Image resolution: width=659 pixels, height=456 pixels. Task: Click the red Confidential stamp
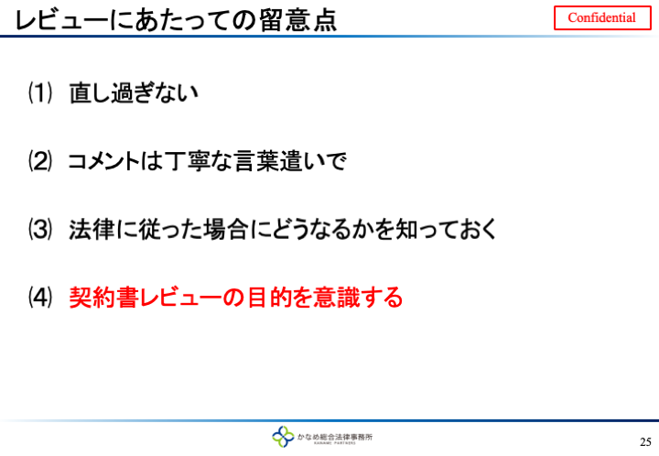coord(602,17)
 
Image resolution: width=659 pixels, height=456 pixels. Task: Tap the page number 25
coord(645,442)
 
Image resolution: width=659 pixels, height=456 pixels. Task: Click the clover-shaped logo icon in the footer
coord(283,437)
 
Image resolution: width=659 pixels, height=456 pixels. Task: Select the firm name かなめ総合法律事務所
coord(335,437)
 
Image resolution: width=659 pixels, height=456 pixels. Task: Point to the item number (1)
coord(40,92)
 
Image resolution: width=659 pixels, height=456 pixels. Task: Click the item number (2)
coord(40,161)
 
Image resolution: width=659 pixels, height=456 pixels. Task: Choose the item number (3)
coord(40,230)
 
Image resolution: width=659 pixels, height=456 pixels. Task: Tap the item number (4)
coord(40,298)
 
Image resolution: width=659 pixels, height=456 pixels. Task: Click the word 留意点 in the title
coord(298,20)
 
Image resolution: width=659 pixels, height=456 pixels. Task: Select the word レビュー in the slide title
coord(61,20)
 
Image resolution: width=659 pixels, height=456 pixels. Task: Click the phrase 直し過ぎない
coord(134,92)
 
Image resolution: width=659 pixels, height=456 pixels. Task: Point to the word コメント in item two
coord(103,161)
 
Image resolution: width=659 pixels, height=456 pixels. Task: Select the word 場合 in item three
coord(225,230)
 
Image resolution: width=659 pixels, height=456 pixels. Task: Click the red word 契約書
coord(103,298)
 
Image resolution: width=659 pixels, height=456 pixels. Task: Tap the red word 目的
coord(269,298)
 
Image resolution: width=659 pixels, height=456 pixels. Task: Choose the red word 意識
coord(337,298)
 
